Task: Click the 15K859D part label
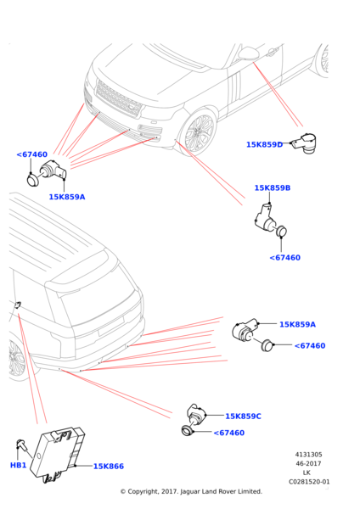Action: pos(264,144)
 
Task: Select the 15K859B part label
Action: pos(273,188)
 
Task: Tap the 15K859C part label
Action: pos(243,417)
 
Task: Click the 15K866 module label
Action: pos(109,466)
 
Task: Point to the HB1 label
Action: pos(18,465)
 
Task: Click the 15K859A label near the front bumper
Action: pos(67,197)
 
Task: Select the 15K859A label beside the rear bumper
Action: pos(298,324)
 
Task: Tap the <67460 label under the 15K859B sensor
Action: pos(285,258)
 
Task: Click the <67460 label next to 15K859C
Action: pos(229,433)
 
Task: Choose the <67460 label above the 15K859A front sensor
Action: pos(32,154)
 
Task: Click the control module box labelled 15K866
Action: pos(58,455)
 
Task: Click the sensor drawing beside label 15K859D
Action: pos(304,143)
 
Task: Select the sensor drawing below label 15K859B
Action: pos(270,221)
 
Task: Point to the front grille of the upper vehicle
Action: pos(119,98)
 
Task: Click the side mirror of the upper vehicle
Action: pos(248,54)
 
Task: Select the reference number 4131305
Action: pos(309,455)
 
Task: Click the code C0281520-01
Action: pos(309,482)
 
